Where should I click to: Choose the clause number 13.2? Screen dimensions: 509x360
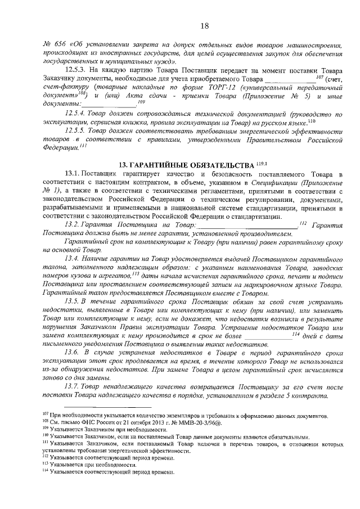tap(74, 225)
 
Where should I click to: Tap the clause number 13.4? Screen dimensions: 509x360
tap(74, 258)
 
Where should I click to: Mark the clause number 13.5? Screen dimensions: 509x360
tap(74, 302)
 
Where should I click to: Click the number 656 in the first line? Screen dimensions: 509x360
tap(56, 45)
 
